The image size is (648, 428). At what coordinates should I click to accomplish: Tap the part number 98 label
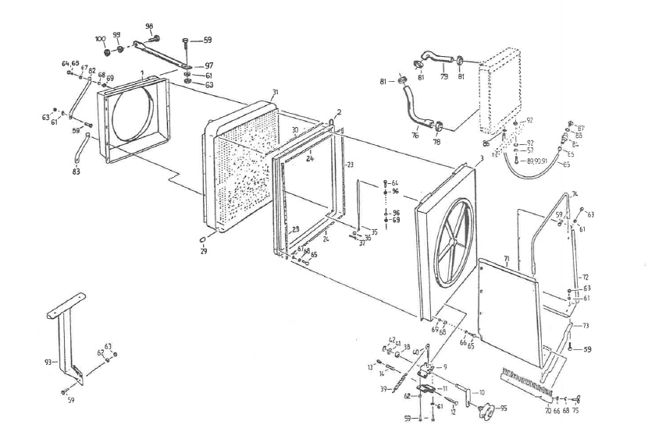pyautogui.click(x=149, y=27)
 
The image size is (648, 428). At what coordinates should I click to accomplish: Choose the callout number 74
pyautogui.click(x=575, y=193)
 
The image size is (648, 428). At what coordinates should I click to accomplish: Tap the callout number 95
pyautogui.click(x=504, y=408)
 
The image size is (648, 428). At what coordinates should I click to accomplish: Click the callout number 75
pyautogui.click(x=576, y=409)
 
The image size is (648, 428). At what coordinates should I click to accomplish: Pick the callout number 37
pyautogui.click(x=362, y=243)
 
